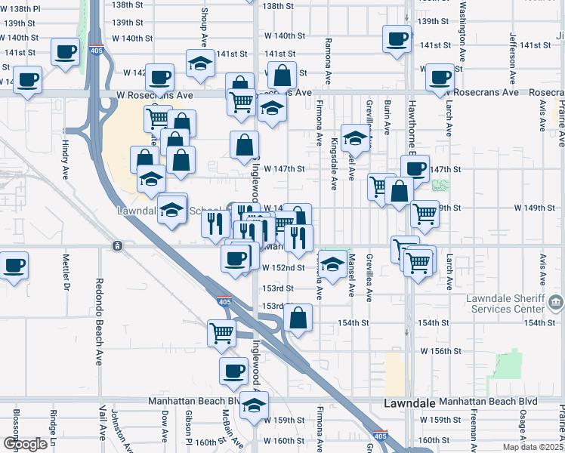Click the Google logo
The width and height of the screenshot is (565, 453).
point(25,444)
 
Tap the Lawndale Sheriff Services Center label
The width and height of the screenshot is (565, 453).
point(506,303)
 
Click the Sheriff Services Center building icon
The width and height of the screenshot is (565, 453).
point(555,304)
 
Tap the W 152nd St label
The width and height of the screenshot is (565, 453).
point(283,267)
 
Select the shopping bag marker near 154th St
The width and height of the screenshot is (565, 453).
point(299,319)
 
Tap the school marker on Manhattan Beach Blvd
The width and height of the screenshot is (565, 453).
point(255,405)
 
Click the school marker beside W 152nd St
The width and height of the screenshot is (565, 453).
point(332,264)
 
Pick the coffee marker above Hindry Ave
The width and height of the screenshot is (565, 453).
point(65,53)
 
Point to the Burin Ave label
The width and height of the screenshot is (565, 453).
point(387,114)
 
